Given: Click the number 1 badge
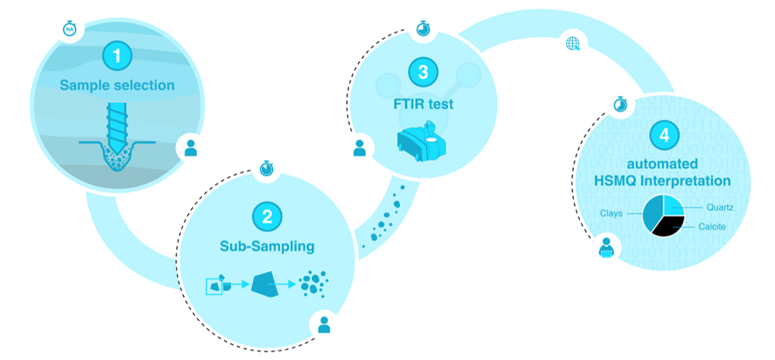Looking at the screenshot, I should pos(117,55).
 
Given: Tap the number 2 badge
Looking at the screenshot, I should pos(266,216).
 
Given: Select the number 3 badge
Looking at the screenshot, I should pos(423,73).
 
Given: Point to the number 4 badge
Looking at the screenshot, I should pos(664,136).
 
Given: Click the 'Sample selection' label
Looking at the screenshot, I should pos(117,85).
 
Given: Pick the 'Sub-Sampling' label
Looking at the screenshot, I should pos(266,246).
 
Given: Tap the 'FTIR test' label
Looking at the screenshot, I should pos(423,103).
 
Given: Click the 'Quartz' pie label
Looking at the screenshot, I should pos(718,207).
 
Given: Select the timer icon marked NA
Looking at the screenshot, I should pos(70,29).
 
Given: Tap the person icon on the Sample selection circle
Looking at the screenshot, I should pos(191,147).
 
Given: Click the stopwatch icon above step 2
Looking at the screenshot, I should pos(266,167).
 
